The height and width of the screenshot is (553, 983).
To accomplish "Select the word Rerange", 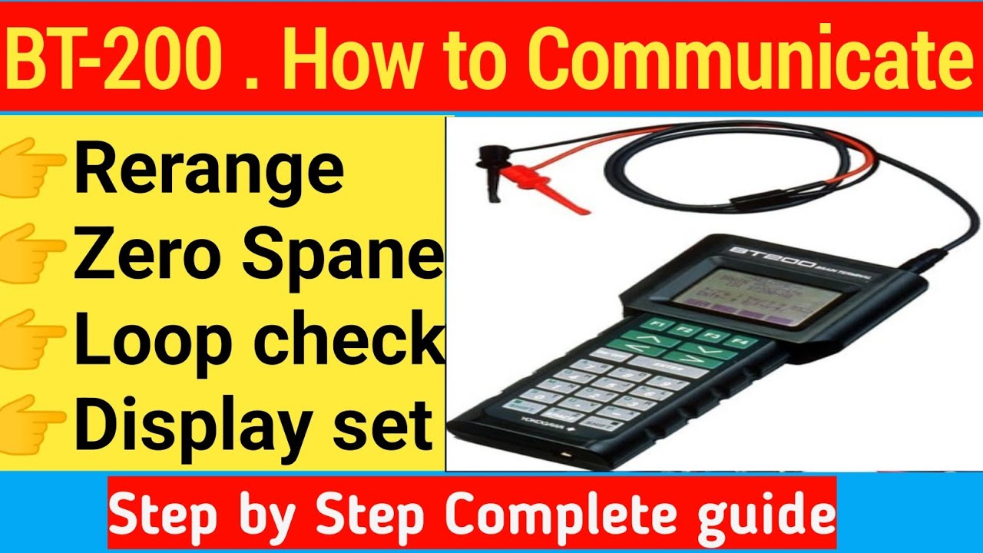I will pyautogui.click(x=209, y=171).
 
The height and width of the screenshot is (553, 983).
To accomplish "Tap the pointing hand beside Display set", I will pyautogui.click(x=35, y=419).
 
